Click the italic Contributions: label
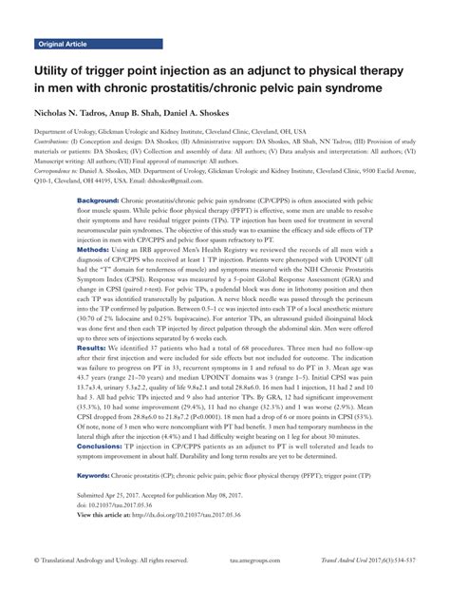tap(56, 142)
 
